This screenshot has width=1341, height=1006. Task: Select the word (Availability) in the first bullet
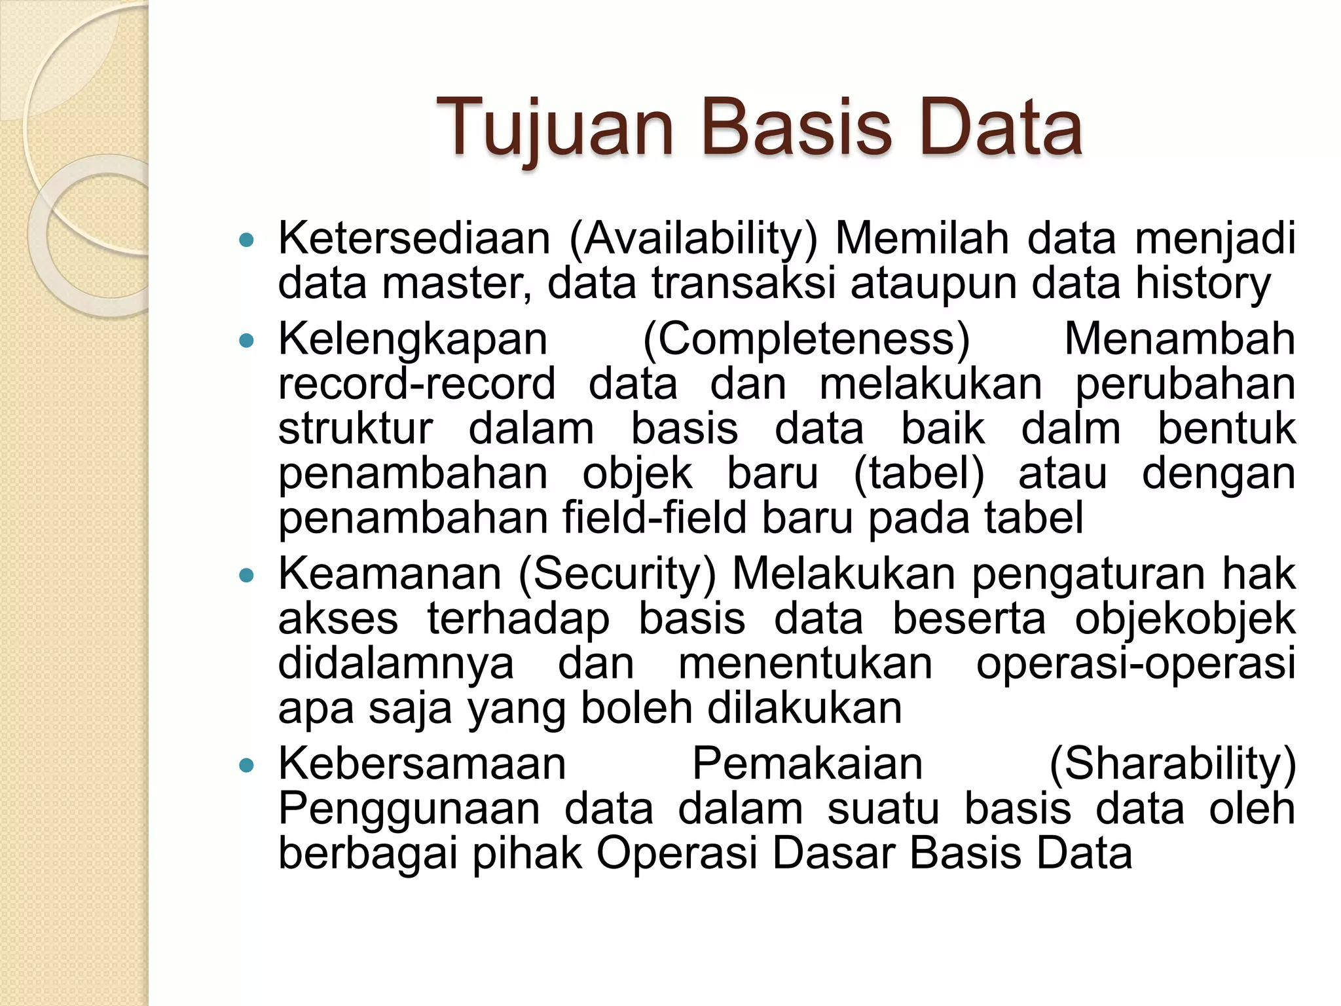point(693,238)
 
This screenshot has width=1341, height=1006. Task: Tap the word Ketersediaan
point(414,238)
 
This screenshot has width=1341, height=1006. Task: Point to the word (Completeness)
point(806,339)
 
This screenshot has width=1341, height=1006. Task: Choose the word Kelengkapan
point(413,339)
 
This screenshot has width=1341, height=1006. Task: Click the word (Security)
point(617,574)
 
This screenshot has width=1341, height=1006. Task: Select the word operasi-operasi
point(1135,663)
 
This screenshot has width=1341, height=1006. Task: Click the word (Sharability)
point(1172,764)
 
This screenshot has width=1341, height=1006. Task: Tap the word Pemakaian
point(807,764)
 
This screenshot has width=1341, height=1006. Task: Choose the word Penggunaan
point(409,808)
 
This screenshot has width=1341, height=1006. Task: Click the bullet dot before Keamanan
point(246,576)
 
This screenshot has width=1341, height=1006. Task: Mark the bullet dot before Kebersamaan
point(246,765)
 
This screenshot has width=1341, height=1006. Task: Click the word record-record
point(417,384)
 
